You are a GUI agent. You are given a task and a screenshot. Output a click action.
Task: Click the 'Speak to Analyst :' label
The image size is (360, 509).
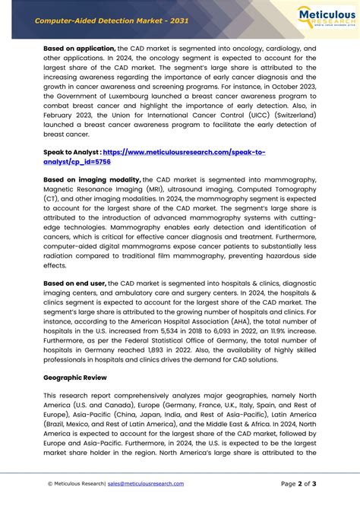(x=71, y=152)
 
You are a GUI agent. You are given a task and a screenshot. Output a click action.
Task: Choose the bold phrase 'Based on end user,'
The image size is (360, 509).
(x=74, y=283)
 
